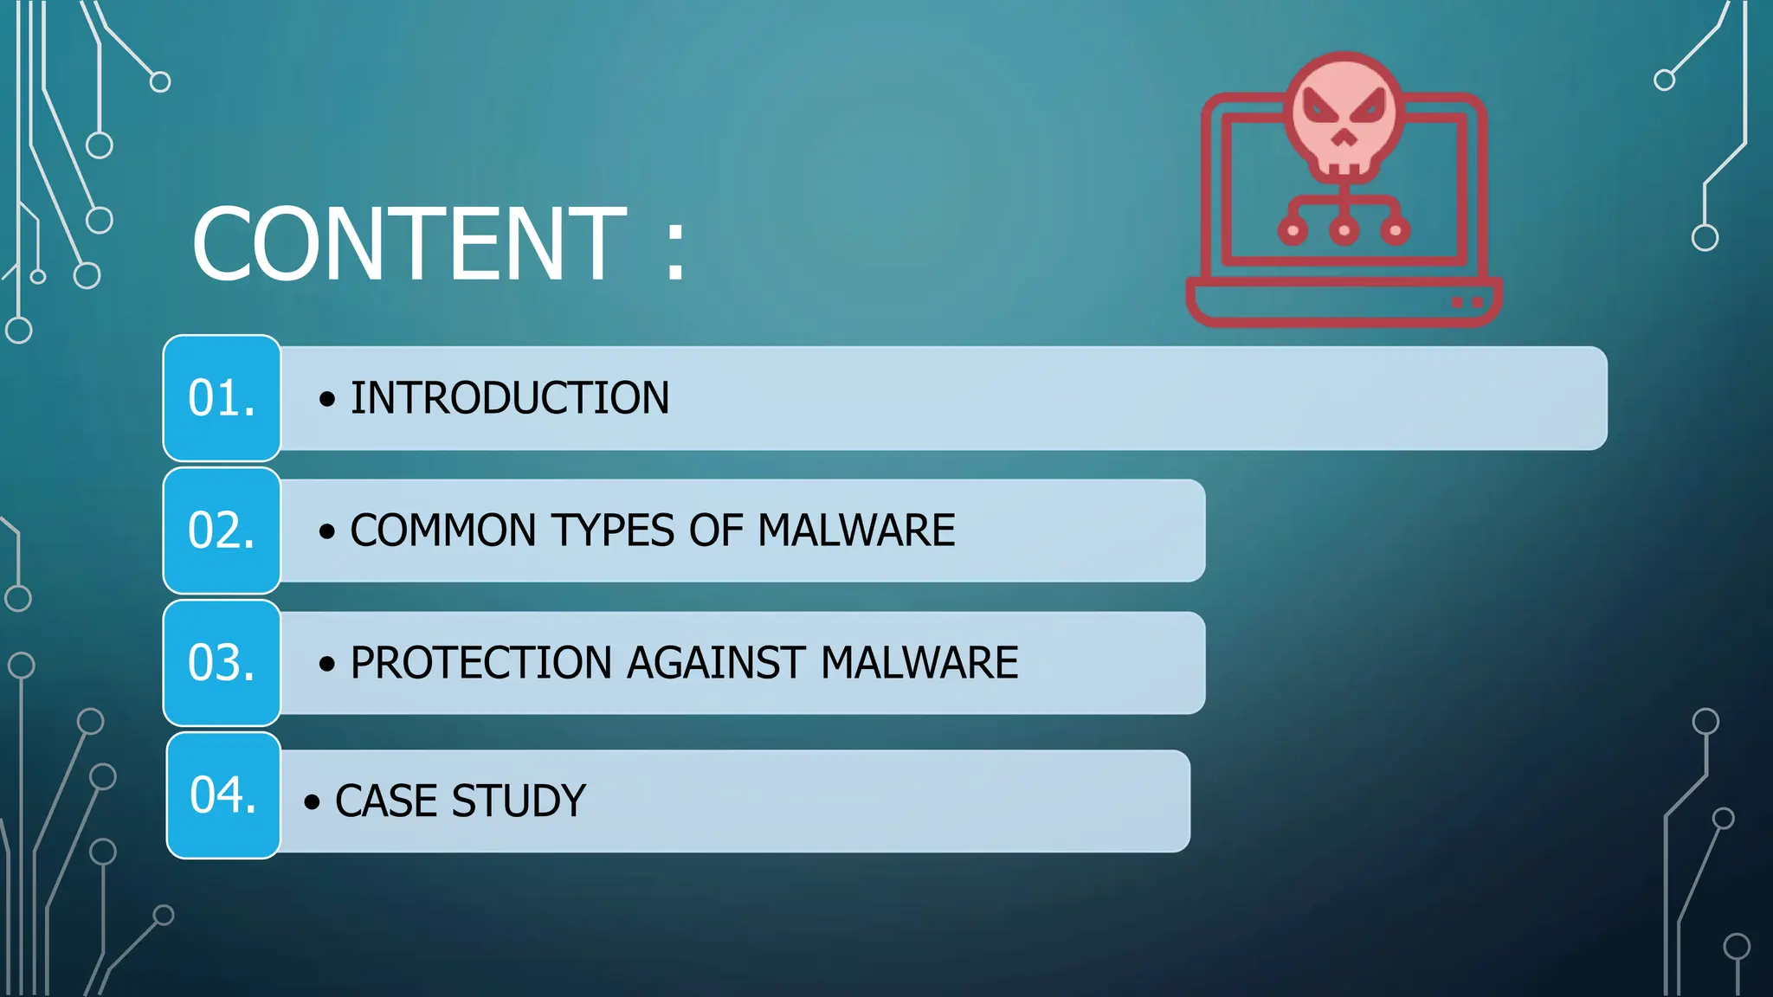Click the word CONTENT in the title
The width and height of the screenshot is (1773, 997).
click(x=409, y=245)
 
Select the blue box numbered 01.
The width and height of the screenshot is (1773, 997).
click(x=222, y=398)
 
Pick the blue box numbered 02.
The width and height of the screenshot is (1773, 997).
click(x=222, y=531)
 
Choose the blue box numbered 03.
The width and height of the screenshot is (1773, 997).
click(x=222, y=663)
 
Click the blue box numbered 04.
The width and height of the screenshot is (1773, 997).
click(x=223, y=795)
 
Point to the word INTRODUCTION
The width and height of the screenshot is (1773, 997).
click(x=509, y=398)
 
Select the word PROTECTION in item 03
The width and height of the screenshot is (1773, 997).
click(x=481, y=663)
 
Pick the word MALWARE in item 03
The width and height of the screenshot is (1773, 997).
click(x=919, y=663)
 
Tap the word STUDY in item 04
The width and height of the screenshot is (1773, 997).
click(x=519, y=801)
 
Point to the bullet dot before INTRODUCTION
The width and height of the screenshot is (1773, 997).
click(x=326, y=399)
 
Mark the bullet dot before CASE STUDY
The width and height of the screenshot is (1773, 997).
click(x=312, y=802)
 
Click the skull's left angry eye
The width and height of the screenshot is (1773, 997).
click(x=1320, y=109)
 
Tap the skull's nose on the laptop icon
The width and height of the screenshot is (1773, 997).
click(x=1344, y=138)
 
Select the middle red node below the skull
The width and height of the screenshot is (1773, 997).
click(x=1344, y=230)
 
